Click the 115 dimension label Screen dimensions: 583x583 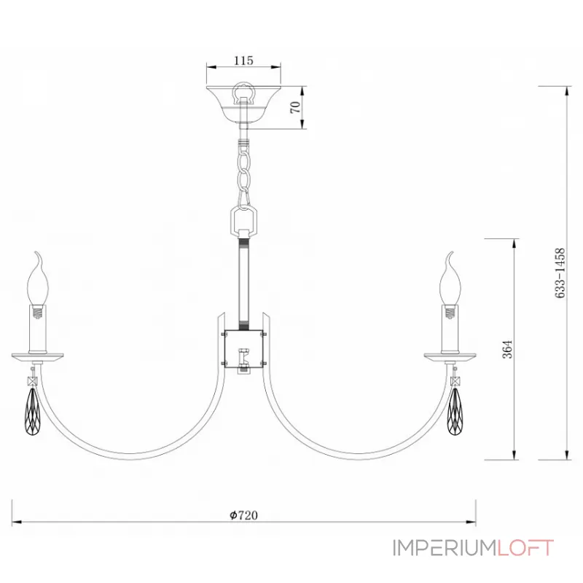tap(243, 60)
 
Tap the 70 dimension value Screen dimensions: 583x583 tap(295, 107)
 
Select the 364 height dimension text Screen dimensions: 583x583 tap(507, 349)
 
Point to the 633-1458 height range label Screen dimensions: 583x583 tap(560, 273)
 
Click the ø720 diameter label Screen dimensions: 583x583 tap(243, 515)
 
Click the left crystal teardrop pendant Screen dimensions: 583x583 tap(33, 411)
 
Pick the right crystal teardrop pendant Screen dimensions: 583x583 tap(455, 411)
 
